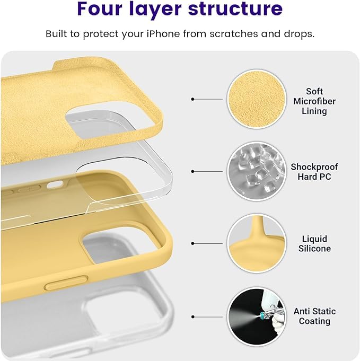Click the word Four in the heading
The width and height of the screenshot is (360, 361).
coord(100,8)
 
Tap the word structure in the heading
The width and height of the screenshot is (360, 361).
coord(235,8)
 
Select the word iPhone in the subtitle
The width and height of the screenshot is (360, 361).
coord(163,34)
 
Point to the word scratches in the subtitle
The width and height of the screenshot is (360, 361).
coord(234,34)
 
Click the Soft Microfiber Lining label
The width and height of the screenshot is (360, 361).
coord(314,101)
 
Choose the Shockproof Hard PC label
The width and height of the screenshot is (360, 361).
coord(314,172)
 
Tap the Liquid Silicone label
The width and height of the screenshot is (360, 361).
coord(314,244)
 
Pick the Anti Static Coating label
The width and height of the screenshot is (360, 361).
coord(314,316)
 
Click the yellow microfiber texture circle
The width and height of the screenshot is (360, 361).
coord(257,99)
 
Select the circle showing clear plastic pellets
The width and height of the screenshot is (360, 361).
coord(257,171)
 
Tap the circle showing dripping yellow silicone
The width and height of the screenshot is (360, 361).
coord(257,244)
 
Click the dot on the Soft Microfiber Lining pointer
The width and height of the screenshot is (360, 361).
coord(192,99)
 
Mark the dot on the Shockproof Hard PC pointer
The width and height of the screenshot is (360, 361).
coord(192,172)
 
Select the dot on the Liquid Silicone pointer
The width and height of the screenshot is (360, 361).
coord(192,244)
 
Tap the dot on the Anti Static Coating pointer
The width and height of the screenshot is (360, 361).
coord(192,317)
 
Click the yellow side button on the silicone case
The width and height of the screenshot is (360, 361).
coord(66,283)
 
